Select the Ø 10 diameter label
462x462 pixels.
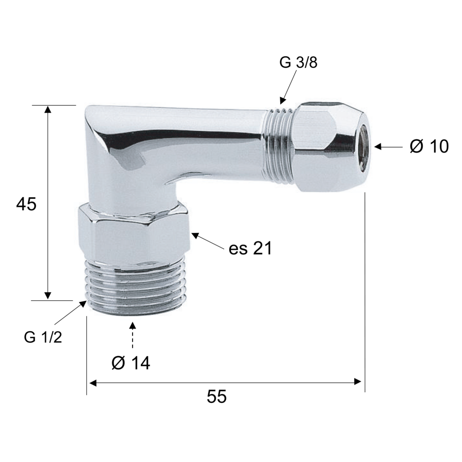(x=429, y=146)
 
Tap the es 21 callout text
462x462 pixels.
(x=250, y=249)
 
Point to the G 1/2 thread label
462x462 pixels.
(x=43, y=337)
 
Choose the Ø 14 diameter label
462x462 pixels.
(x=131, y=363)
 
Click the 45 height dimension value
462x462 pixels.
(x=26, y=204)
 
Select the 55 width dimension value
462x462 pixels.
(x=217, y=396)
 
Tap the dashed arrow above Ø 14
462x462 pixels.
(x=133, y=335)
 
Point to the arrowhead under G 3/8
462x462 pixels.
(x=282, y=100)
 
